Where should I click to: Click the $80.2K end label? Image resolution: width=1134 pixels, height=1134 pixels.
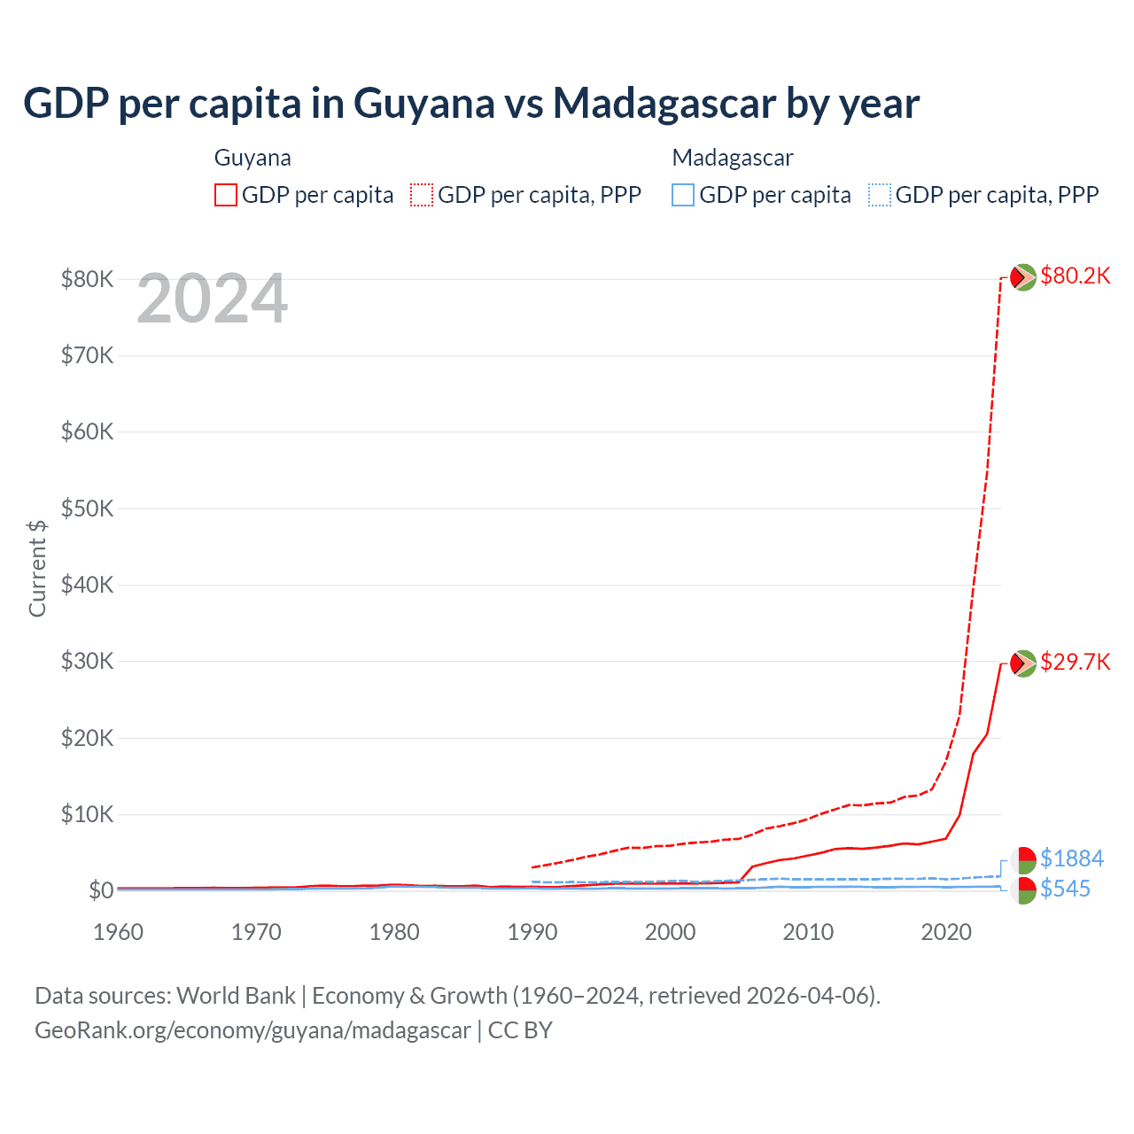(1075, 276)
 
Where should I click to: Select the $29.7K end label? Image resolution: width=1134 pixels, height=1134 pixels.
(1075, 663)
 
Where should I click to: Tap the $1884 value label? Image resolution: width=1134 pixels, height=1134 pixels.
(1071, 858)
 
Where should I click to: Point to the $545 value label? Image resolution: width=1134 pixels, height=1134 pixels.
(1065, 889)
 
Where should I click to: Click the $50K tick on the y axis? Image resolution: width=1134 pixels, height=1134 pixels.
(87, 509)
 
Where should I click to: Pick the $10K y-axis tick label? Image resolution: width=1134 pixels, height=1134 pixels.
(87, 814)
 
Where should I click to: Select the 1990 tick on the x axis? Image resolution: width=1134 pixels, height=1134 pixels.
(532, 932)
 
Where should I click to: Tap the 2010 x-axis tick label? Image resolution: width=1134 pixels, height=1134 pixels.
(808, 932)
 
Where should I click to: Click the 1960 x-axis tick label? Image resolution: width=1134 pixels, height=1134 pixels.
(118, 932)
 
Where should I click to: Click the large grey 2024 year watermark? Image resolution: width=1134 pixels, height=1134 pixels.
(213, 299)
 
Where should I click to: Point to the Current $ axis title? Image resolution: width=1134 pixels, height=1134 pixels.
(37, 568)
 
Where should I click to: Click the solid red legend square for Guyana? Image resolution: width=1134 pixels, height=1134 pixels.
(226, 195)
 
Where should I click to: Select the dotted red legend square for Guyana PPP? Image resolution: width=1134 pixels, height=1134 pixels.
(422, 195)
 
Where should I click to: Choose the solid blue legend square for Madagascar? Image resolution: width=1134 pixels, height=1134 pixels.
(683, 195)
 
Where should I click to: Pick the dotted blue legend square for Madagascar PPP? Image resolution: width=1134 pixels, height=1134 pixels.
(879, 195)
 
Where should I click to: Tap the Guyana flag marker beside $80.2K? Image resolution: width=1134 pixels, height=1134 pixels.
(1023, 277)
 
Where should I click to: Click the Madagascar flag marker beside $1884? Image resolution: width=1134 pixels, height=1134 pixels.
(1023, 859)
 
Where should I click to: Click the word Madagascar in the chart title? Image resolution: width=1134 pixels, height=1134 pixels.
(664, 104)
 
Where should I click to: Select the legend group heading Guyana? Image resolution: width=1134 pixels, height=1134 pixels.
(252, 158)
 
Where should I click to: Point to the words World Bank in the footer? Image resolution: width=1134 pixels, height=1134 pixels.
(237, 996)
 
